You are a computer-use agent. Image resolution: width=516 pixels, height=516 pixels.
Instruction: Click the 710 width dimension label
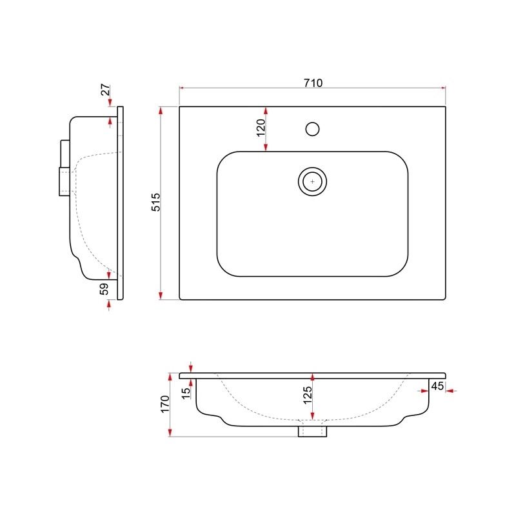click(x=313, y=83)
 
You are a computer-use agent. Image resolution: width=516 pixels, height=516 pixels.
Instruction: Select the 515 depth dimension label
click(x=155, y=202)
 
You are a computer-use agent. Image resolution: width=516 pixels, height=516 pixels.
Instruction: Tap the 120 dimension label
click(x=261, y=128)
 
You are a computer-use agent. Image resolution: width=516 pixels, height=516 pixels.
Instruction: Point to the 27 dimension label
click(x=105, y=90)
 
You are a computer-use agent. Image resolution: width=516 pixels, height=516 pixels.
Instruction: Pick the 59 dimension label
click(x=104, y=289)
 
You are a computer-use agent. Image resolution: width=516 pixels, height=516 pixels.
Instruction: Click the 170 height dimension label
click(x=165, y=404)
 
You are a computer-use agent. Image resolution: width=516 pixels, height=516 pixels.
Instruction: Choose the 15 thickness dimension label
click(x=186, y=393)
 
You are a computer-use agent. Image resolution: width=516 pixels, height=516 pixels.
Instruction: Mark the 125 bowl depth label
click(x=308, y=395)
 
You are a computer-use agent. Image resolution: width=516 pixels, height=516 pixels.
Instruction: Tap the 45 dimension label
click(x=437, y=386)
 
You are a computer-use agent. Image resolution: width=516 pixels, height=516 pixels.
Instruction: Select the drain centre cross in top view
click(x=312, y=181)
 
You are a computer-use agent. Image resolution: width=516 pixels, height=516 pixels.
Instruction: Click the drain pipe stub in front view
click(x=312, y=432)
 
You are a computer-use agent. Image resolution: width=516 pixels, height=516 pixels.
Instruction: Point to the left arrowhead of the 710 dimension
click(x=182, y=88)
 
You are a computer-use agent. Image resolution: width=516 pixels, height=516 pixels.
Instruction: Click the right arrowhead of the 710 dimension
click(x=443, y=88)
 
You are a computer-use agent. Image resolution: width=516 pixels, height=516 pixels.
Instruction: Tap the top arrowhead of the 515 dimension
click(x=161, y=110)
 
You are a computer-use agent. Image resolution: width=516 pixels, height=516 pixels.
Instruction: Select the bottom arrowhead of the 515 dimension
click(x=161, y=295)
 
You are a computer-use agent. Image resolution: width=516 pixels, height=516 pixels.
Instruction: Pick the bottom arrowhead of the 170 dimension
click(x=170, y=433)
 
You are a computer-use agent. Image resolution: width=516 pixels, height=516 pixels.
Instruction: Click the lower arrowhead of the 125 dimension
click(x=312, y=416)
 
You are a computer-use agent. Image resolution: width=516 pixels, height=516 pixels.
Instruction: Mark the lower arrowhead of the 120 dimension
click(x=266, y=148)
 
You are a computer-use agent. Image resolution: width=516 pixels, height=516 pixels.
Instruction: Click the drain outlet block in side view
click(x=64, y=182)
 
